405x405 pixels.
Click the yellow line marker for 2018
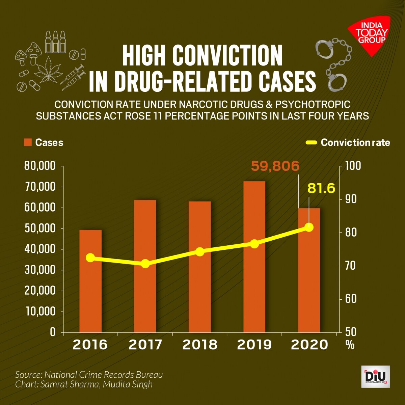(200, 252)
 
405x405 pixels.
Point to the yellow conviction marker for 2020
(309, 227)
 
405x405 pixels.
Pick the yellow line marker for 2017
(145, 264)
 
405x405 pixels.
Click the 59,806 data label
(275, 166)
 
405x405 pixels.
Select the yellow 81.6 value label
(321, 188)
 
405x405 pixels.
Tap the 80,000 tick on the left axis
(39, 166)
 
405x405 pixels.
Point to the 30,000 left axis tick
(39, 270)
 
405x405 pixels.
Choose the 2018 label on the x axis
(200, 345)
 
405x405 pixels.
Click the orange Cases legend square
(28, 142)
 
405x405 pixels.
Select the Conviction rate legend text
(355, 142)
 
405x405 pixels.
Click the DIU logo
(375, 377)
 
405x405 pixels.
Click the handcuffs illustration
(332, 64)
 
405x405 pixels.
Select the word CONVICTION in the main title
(227, 56)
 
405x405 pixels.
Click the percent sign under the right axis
(350, 345)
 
